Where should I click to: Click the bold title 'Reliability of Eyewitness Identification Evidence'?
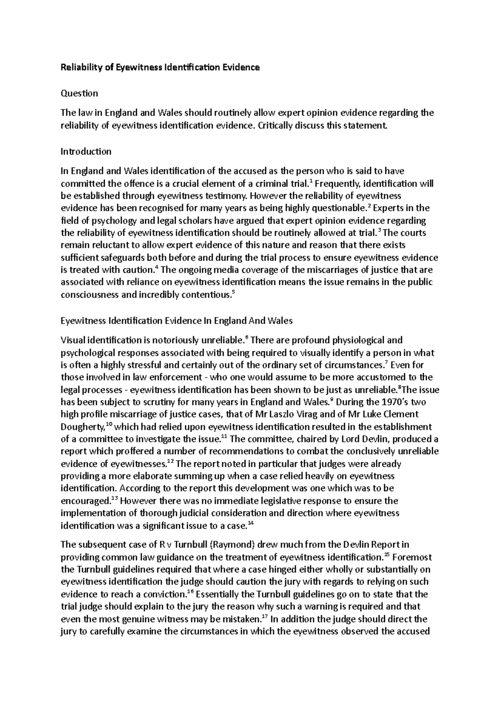point(160,67)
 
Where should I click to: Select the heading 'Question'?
point(79,93)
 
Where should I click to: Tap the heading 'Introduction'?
point(86,151)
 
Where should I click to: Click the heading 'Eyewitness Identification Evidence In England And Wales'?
point(177,321)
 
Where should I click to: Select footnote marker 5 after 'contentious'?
point(233,292)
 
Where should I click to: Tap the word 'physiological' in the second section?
point(353,340)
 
